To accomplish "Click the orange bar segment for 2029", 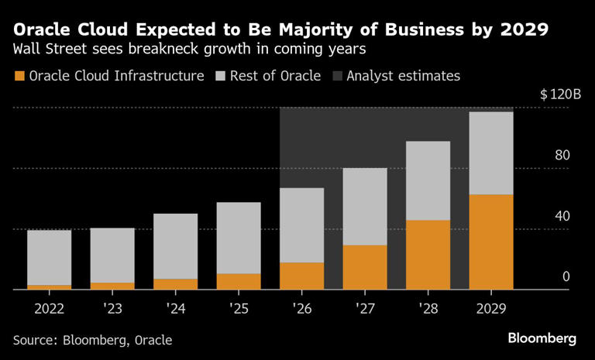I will [x=491, y=242].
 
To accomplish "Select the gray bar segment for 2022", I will [x=49, y=258].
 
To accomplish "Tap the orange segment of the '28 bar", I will [x=428, y=255].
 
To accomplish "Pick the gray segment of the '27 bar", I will [x=365, y=207].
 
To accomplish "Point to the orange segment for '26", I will [x=301, y=276].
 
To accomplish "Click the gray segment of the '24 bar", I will [x=175, y=246].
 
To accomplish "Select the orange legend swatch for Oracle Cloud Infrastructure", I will [x=19, y=76].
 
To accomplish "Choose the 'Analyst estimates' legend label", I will [x=403, y=76].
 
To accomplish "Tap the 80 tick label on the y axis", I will [x=562, y=156].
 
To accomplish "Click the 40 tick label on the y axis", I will [x=562, y=216].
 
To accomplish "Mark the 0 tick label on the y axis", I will [x=566, y=276].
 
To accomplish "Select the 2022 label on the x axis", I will [x=49, y=308].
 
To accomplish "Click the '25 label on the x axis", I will [x=239, y=308].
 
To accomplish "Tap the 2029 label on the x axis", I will [x=491, y=308].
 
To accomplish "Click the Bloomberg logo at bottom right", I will [x=542, y=338].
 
